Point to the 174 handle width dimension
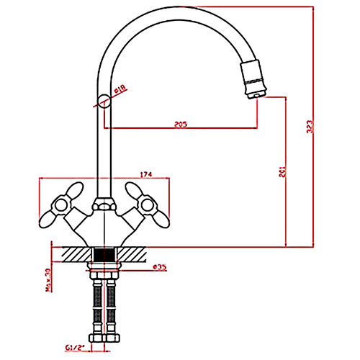145,175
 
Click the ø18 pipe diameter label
120,89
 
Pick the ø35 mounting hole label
160,267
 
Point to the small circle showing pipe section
105,100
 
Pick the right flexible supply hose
112,307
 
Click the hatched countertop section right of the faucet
132,254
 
